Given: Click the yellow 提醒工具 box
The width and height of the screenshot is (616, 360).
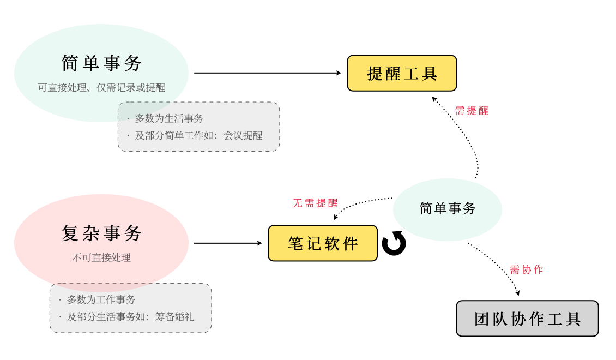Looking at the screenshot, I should pyautogui.click(x=402, y=73).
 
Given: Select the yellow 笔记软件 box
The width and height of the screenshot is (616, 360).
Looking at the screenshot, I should pyautogui.click(x=323, y=243).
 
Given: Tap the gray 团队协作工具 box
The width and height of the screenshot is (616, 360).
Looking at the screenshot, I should pyautogui.click(x=527, y=319).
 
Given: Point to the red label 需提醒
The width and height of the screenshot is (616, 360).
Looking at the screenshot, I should pyautogui.click(x=472, y=111).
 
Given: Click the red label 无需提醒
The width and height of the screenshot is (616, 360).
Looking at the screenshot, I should pyautogui.click(x=315, y=203).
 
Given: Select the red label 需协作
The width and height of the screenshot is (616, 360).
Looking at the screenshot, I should pyautogui.click(x=526, y=269).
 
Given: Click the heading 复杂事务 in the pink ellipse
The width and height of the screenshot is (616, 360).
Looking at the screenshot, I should pyautogui.click(x=101, y=233).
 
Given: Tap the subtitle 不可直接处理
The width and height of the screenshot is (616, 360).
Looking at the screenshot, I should pyautogui.click(x=101, y=257).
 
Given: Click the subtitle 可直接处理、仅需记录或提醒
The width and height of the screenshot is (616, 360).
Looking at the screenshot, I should pyautogui.click(x=101, y=87).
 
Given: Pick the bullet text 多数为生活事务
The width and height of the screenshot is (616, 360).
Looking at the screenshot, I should pyautogui.click(x=169, y=118).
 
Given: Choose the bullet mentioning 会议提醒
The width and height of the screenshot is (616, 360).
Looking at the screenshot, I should pyautogui.click(x=198, y=135).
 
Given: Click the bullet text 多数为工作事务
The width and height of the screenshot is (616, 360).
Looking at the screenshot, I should pyautogui.click(x=101, y=299).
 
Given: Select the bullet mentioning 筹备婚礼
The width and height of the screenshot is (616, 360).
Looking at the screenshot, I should pyautogui.click(x=130, y=316).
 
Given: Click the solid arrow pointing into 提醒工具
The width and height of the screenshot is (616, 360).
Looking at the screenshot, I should pyautogui.click(x=267, y=73).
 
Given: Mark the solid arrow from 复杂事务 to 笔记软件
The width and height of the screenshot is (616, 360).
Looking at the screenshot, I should pyautogui.click(x=228, y=243).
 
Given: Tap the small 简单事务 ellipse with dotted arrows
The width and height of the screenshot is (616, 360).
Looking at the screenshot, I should pyautogui.click(x=448, y=208).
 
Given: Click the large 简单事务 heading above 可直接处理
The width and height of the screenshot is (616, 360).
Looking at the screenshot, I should pyautogui.click(x=101, y=63).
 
